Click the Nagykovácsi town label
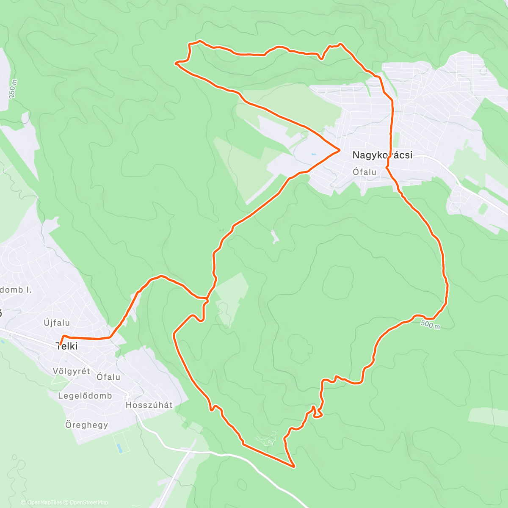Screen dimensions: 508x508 click(x=382, y=155)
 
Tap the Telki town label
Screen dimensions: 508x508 click(x=67, y=346)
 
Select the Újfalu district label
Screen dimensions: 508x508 click(x=57, y=323)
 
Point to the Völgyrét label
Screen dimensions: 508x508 click(x=71, y=371)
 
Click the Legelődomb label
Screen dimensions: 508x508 click(x=85, y=396)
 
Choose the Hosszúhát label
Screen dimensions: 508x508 click(x=149, y=405)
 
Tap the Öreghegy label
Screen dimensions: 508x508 click(x=86, y=425)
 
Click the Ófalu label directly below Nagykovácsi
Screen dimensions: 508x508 click(x=364, y=172)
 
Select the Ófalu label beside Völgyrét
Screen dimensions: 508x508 click(x=108, y=377)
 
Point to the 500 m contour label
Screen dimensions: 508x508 click(x=431, y=325)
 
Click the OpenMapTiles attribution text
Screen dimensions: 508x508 click(x=44, y=502)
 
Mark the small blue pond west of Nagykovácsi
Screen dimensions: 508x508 click(x=313, y=155)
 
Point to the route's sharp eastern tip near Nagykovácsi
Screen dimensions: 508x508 click(x=340, y=149)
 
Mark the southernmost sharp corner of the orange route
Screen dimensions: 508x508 click(x=293, y=467)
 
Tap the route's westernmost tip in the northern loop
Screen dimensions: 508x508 click(x=176, y=63)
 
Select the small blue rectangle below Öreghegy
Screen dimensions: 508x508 click(x=119, y=447)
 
